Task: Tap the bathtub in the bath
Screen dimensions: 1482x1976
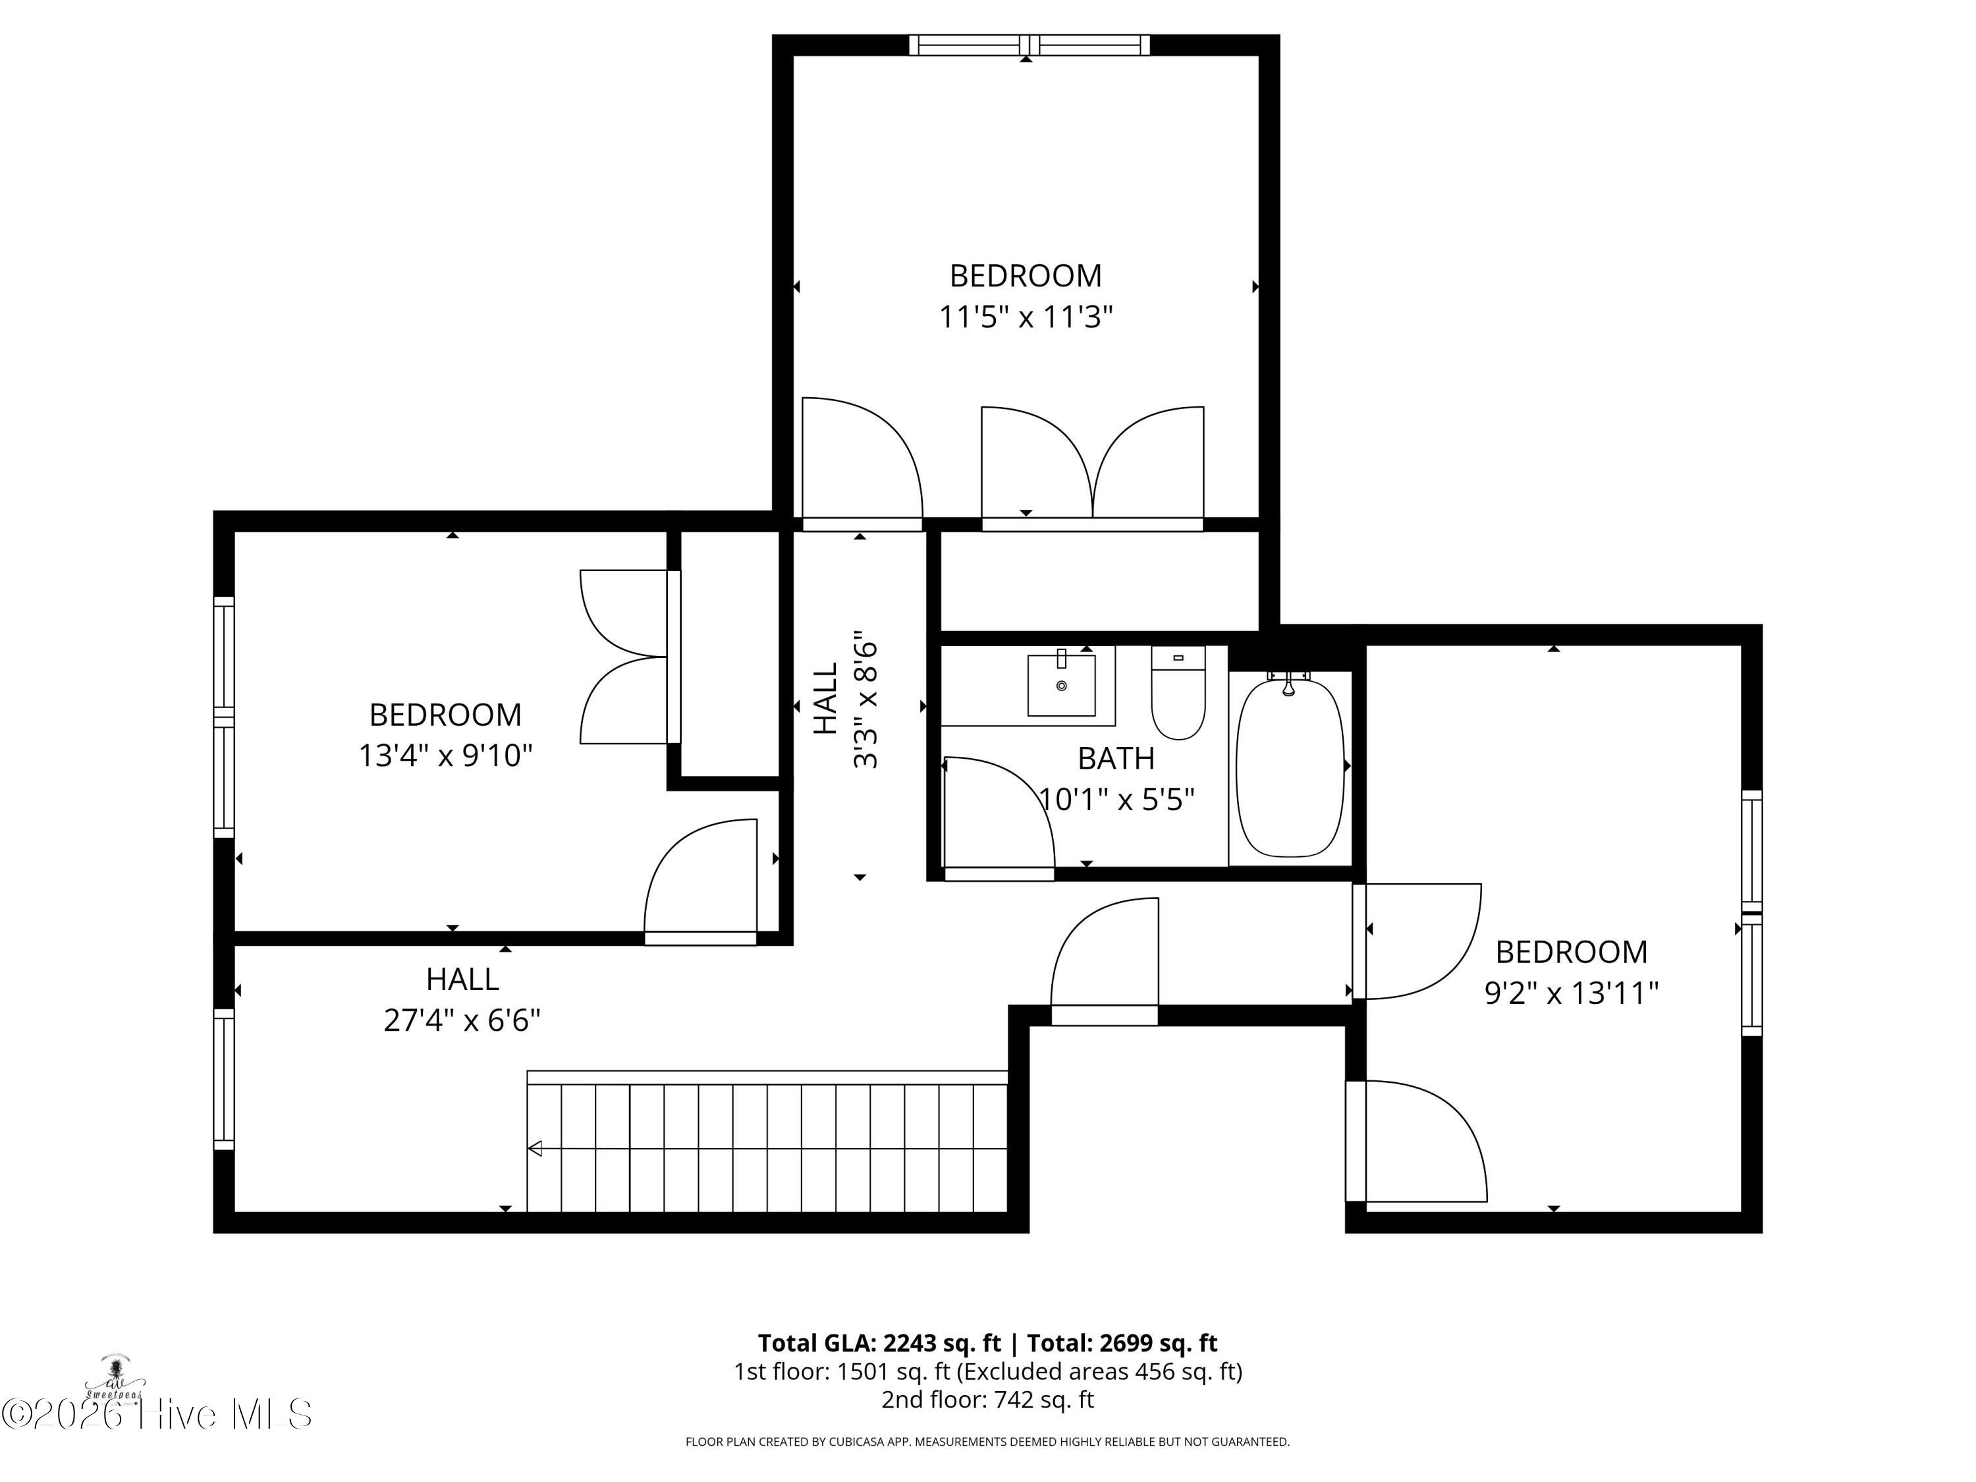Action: click(1289, 767)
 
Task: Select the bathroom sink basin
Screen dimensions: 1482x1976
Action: click(1061, 685)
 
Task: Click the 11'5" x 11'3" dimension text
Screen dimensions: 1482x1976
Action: click(1026, 317)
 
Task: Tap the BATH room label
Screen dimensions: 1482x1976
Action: click(1116, 758)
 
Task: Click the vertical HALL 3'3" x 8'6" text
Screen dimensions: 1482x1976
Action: click(845, 705)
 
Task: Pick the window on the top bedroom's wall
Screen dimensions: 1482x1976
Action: click(1029, 45)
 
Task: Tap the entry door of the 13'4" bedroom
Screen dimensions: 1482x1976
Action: click(701, 880)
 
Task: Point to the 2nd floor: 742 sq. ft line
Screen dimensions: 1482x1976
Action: click(987, 1399)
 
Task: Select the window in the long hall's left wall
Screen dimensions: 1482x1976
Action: click(223, 1078)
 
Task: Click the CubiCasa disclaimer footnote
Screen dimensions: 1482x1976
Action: click(987, 1442)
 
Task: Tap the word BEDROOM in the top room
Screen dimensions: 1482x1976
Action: click(1026, 276)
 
